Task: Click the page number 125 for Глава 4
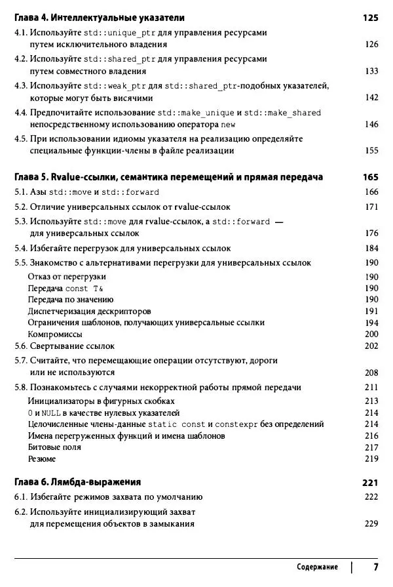click(370, 18)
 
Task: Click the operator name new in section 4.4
click(227, 125)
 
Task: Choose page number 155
click(371, 151)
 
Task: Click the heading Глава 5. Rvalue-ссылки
click(168, 177)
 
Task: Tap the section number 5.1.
click(21, 192)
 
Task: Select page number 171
click(371, 207)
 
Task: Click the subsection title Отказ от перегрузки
click(67, 277)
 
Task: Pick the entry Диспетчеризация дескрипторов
click(89, 311)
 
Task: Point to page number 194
click(371, 323)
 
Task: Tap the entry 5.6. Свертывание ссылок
click(64, 346)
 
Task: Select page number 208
click(371, 373)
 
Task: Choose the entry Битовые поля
click(54, 447)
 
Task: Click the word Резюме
click(42, 458)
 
